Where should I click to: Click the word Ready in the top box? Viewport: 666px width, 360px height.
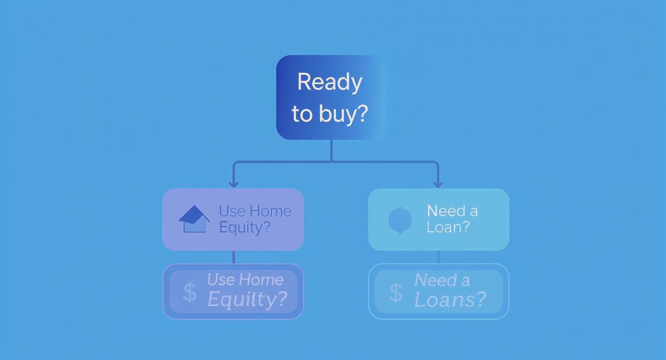(x=330, y=82)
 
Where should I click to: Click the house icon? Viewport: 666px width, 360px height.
(x=194, y=219)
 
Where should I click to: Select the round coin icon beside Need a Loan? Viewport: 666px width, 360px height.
(x=400, y=220)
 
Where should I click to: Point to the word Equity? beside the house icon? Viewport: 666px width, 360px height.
(x=244, y=227)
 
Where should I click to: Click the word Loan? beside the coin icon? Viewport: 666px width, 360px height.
(x=448, y=227)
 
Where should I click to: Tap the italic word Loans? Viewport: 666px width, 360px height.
(x=450, y=300)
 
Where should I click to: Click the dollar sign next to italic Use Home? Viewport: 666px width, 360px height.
(x=190, y=292)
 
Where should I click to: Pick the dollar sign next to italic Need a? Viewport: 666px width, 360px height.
(x=396, y=292)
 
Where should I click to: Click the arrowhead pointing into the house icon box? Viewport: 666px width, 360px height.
(x=233, y=184)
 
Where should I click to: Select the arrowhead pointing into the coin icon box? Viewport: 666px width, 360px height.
(x=438, y=184)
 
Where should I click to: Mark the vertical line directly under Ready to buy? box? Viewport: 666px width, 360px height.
(x=332, y=150)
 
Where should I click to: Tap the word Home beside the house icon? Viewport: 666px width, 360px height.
(x=270, y=211)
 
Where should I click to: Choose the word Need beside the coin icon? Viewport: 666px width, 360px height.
(x=439, y=211)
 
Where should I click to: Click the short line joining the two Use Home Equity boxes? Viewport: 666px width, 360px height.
(x=233, y=257)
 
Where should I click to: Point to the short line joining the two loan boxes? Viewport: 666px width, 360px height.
(x=438, y=257)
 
